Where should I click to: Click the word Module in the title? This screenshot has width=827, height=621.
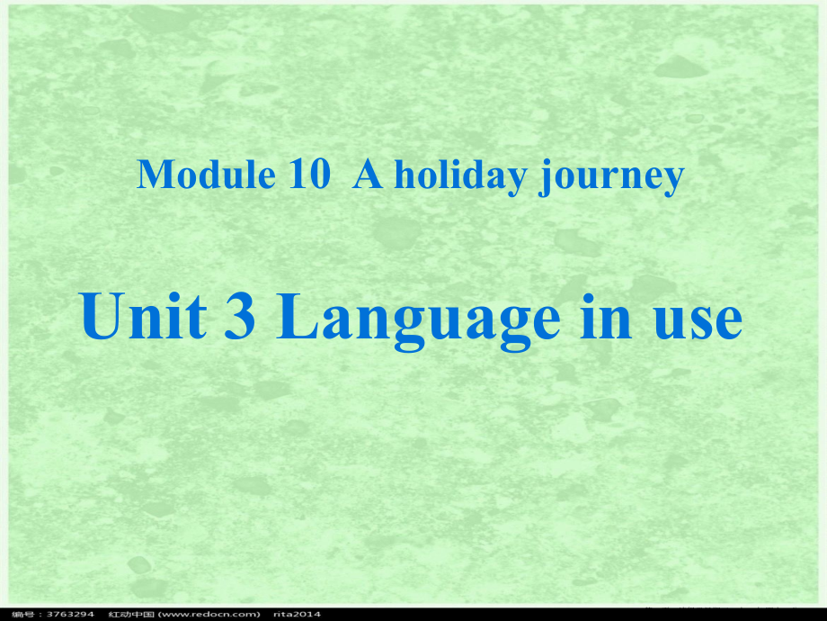point(206,175)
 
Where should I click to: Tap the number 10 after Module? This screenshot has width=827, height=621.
point(310,175)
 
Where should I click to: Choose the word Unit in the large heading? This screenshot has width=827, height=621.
point(143,319)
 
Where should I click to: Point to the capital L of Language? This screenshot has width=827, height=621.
point(296,319)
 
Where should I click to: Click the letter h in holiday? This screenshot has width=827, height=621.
point(404,175)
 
